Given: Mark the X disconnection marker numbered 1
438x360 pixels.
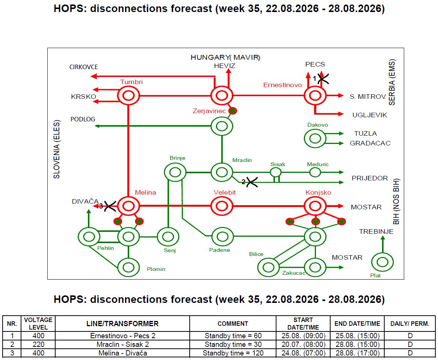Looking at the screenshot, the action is click(x=323, y=79).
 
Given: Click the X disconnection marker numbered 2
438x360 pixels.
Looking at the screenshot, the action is click(x=252, y=183).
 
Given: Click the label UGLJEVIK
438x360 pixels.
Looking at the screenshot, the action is click(x=370, y=115).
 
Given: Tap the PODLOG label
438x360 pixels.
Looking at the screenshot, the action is click(x=83, y=119).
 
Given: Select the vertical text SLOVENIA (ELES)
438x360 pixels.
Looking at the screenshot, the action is click(x=57, y=149).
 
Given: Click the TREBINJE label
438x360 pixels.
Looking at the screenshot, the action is click(x=376, y=231).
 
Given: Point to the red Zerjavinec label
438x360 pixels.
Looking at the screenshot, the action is click(x=209, y=111).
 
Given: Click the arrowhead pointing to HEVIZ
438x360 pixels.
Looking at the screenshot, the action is click(x=228, y=71).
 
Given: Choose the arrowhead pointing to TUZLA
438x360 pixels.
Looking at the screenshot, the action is click(x=341, y=134).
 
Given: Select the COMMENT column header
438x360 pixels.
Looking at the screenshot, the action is click(x=233, y=324).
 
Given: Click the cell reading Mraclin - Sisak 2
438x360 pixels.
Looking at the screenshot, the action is click(x=122, y=344).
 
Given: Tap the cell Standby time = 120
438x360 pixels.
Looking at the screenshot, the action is click(x=233, y=353).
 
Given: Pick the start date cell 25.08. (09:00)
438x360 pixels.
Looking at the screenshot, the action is click(x=303, y=336).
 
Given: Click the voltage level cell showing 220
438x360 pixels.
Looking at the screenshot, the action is click(x=38, y=344).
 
